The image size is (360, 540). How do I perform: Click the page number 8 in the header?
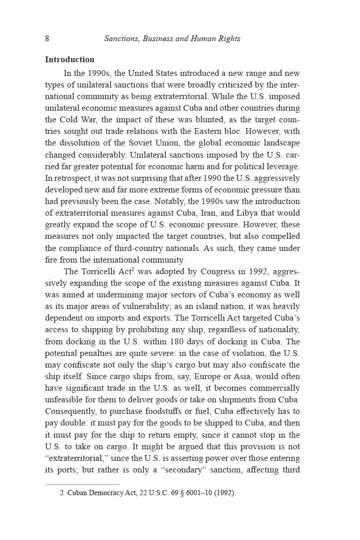[x=47, y=38]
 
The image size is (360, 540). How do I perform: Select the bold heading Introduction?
[x=70, y=60]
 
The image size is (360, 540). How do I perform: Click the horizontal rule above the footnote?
[x=82, y=484]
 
